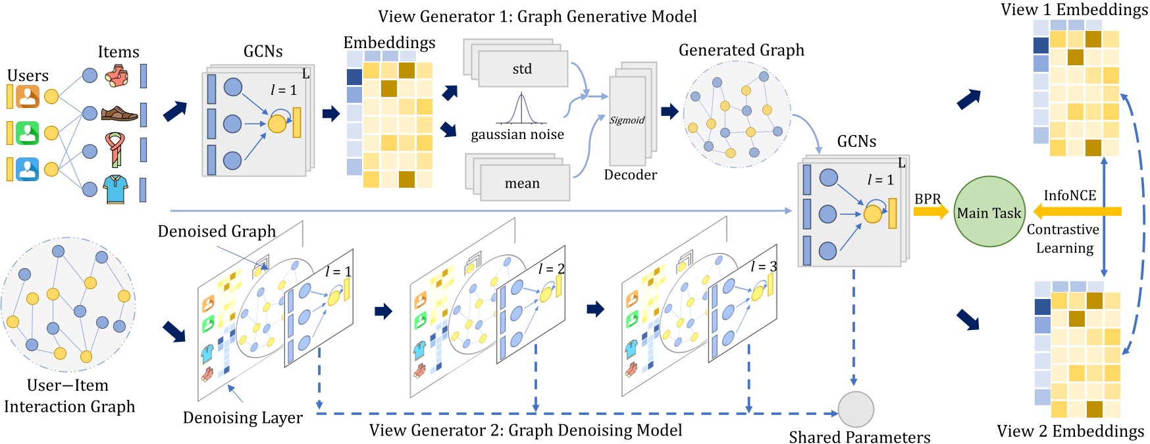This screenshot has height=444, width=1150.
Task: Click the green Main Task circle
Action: (989, 211)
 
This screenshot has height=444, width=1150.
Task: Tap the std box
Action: (523, 69)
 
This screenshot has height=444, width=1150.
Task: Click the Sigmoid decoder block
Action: (627, 121)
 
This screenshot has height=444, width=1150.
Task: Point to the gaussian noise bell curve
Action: (521, 109)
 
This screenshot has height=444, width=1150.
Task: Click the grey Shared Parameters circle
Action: (855, 409)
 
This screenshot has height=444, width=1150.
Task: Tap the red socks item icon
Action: (117, 76)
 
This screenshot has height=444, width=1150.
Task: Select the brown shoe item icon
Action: (118, 114)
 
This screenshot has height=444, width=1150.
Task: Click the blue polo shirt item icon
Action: (116, 189)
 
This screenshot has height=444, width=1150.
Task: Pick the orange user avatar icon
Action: (28, 97)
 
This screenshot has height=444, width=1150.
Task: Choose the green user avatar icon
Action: (28, 133)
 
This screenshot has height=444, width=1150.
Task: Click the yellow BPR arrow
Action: (929, 211)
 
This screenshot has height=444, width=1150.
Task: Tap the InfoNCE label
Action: (1070, 196)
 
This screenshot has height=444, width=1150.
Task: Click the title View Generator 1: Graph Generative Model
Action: (537, 16)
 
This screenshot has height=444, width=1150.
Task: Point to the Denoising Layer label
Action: (242, 418)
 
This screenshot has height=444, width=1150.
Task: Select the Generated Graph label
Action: (741, 50)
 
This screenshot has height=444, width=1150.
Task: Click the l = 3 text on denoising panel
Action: (764, 266)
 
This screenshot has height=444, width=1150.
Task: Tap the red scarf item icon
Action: (116, 150)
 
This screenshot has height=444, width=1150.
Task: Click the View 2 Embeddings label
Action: (1070, 431)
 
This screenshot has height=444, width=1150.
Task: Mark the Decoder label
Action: (630, 175)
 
